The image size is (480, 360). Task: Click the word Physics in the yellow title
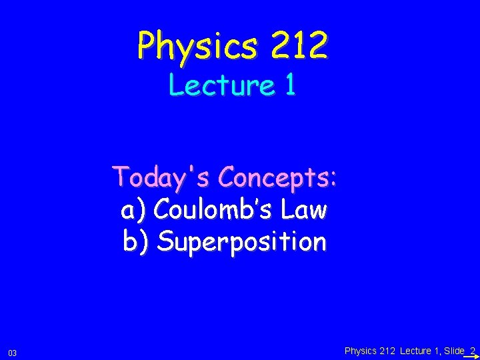coord(193,46)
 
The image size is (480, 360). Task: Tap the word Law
coord(304,210)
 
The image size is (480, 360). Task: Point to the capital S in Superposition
coord(166,241)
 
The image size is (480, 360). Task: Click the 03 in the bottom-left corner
coord(13,352)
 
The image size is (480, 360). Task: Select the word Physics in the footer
coord(361,351)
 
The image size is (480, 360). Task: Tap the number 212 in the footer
coord(387,351)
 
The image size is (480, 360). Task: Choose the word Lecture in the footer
coord(415,351)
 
